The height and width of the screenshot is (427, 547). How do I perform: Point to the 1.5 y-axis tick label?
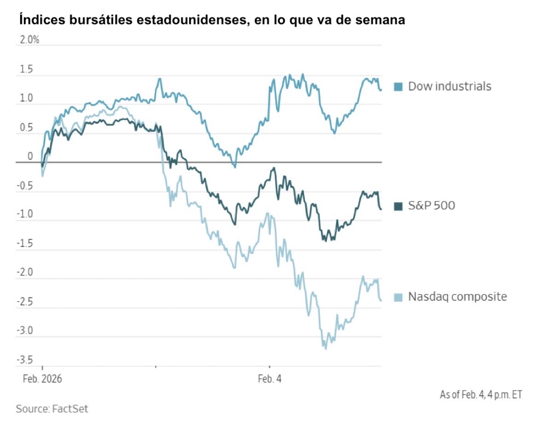click(27, 70)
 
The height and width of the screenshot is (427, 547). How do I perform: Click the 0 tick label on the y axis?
click(30, 156)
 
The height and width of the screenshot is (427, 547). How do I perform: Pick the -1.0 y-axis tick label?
click(25, 214)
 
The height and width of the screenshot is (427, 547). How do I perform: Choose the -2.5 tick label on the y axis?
click(25, 302)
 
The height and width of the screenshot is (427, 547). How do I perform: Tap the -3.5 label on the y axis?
click(25, 359)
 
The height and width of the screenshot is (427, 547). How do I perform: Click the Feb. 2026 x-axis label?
click(42, 379)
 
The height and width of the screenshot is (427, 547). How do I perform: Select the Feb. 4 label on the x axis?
click(269, 379)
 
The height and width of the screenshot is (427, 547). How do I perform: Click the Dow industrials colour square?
click(399, 87)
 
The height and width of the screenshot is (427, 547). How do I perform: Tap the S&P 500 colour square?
click(399, 206)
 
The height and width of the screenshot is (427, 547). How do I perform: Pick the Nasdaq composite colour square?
click(399, 297)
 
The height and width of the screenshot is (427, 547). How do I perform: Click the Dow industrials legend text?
click(450, 86)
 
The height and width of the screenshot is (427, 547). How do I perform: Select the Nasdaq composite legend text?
click(457, 297)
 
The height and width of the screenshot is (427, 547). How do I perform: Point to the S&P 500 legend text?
click(431, 205)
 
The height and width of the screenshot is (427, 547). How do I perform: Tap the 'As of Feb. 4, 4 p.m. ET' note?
click(481, 395)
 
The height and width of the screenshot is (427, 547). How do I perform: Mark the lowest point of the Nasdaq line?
click(326, 349)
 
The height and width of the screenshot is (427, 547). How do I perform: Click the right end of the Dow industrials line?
click(381, 90)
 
